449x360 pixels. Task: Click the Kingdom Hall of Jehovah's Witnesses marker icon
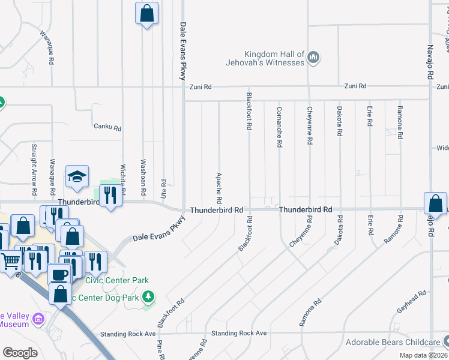(313, 58)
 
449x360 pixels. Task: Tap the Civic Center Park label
(117, 280)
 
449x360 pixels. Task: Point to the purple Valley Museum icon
(40, 318)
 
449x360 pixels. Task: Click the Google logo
(20, 352)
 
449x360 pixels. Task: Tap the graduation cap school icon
(77, 176)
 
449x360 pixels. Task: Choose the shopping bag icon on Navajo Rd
(435, 203)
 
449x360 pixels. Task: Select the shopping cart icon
(10, 260)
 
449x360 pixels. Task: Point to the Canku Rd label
(107, 127)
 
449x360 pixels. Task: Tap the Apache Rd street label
(219, 188)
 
